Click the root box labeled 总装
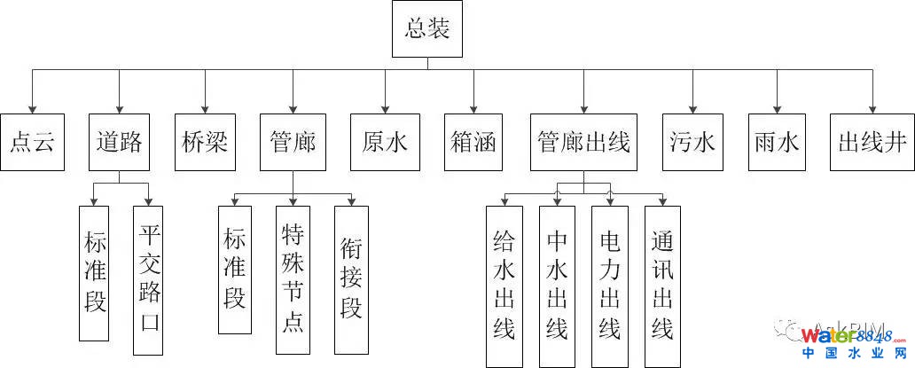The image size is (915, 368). (427, 30)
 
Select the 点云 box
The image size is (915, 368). (33, 143)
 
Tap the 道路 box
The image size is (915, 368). (120, 143)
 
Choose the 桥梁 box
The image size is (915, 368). (206, 143)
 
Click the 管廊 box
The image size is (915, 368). (293, 143)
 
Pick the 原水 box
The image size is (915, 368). (385, 143)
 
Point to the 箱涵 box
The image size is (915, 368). (472, 143)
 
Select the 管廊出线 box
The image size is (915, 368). (583, 143)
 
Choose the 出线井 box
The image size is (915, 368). (872, 143)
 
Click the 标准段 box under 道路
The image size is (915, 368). (94, 273)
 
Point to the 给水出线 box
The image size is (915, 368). (504, 286)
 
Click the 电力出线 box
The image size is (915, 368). (609, 286)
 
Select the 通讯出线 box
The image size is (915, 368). (661, 286)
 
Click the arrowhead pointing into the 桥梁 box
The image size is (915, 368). (206, 109)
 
